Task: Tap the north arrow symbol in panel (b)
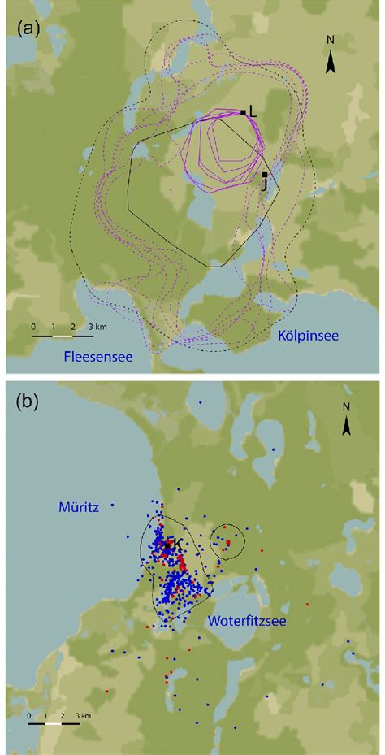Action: (346, 425)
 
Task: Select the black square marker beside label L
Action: (243, 112)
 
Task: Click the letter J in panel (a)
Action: (265, 185)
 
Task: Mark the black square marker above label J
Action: (265, 175)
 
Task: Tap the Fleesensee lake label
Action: (98, 357)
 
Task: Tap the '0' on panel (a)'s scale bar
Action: (34, 326)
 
